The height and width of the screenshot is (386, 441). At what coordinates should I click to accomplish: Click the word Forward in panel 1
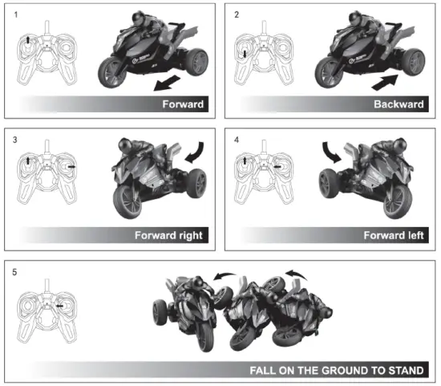tap(183, 104)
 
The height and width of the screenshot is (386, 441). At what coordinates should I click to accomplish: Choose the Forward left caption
tap(394, 235)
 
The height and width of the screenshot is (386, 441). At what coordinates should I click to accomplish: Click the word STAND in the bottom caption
tap(405, 370)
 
